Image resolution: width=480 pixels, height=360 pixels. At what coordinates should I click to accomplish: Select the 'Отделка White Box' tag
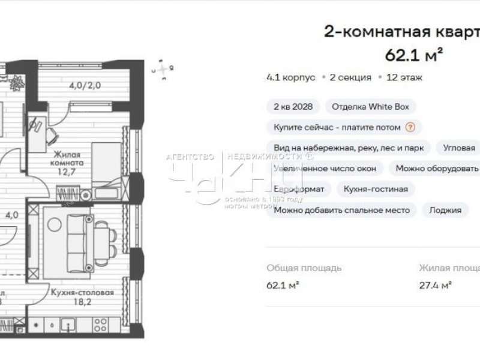click(370, 107)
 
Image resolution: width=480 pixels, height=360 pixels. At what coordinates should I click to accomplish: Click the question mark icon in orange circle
click(410, 127)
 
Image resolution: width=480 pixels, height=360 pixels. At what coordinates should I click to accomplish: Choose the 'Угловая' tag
click(459, 148)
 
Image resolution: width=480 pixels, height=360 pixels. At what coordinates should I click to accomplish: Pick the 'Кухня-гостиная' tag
click(376, 189)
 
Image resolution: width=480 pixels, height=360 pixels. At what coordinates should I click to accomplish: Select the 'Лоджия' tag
click(445, 210)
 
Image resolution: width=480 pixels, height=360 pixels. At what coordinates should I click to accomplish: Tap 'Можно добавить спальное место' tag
click(341, 210)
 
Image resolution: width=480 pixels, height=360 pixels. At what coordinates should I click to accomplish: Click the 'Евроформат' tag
click(299, 189)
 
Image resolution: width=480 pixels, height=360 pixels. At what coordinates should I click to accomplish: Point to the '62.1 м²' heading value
click(414, 56)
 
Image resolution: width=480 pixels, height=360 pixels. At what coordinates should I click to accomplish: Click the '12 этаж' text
click(404, 77)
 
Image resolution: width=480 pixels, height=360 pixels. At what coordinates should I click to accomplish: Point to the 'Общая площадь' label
click(304, 268)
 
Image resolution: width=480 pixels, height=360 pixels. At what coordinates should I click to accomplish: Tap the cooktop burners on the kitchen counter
click(100, 325)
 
